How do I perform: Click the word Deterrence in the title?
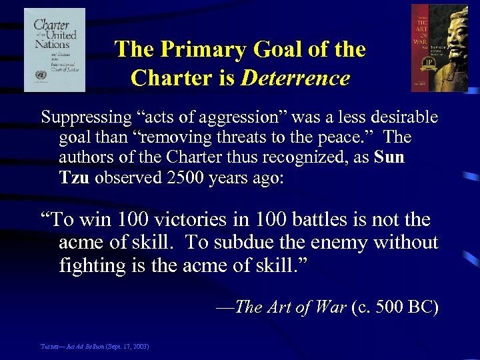(295, 78)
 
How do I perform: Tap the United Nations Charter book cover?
(55, 49)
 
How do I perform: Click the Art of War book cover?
(439, 48)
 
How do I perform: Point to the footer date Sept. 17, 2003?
(130, 347)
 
